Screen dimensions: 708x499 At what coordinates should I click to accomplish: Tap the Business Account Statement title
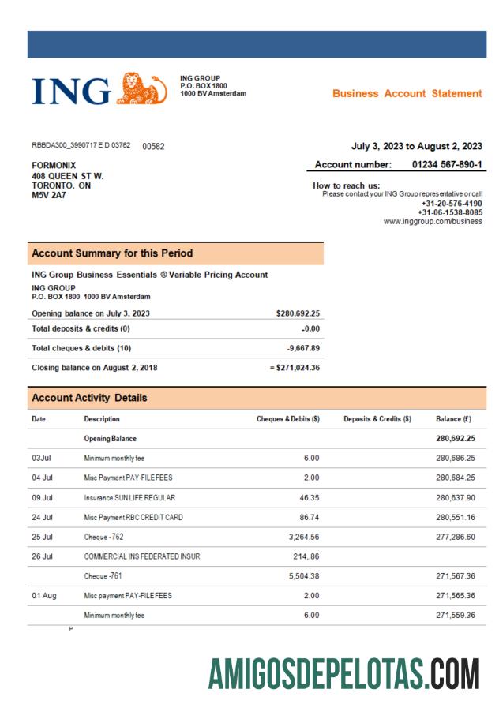tap(407, 93)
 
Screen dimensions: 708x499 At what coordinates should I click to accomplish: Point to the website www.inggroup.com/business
tap(433, 222)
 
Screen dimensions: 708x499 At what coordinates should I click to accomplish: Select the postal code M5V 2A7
tap(49, 194)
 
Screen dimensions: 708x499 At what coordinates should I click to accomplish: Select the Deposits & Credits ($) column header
tap(378, 418)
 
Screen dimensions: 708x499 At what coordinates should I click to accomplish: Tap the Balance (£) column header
tap(456, 418)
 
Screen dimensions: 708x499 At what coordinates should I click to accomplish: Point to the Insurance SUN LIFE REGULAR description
tap(129, 498)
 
